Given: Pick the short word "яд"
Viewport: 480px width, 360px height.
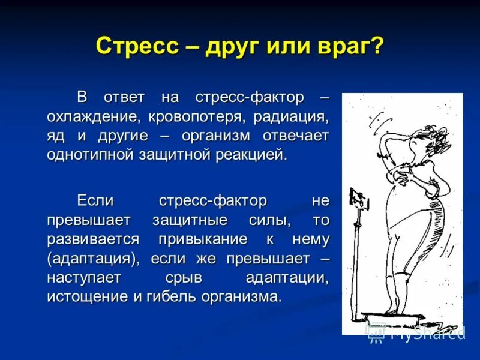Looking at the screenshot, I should click(x=56, y=135).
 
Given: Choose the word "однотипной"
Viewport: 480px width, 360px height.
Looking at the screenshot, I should click(x=93, y=154).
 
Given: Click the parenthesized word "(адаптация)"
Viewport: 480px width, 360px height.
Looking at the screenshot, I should click(x=92, y=259).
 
